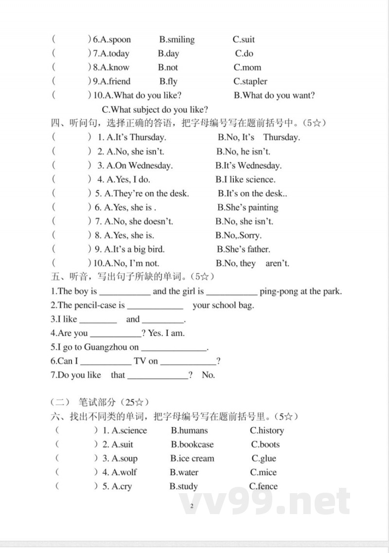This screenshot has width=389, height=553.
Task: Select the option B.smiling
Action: pos(177,39)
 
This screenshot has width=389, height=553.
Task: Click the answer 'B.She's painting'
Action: pos(248,207)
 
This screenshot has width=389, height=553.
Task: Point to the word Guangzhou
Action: pos(106,347)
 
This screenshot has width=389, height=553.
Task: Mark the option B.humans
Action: pos(189,430)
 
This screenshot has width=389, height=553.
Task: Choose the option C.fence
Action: pos(264,486)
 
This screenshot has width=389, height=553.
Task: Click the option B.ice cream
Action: pos(192,459)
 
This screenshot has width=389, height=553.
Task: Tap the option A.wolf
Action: pos(124,472)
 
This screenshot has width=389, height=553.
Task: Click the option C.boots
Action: pos(265,445)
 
